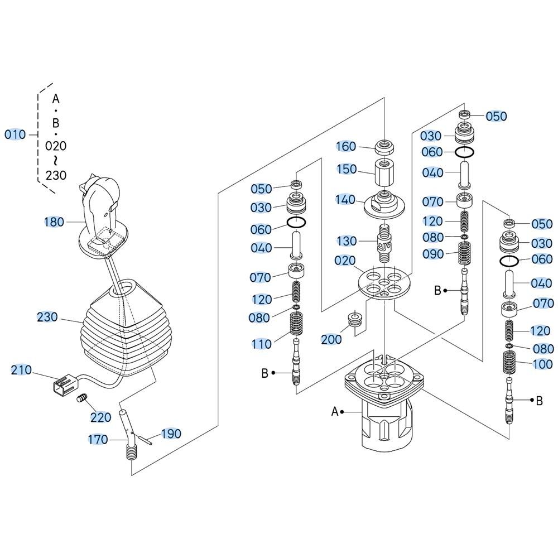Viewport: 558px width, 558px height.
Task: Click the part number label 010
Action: [x=15, y=134]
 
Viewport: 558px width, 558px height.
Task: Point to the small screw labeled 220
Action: [x=82, y=398]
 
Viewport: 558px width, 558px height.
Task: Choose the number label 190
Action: [x=171, y=434]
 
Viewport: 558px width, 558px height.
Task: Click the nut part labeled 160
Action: [x=385, y=146]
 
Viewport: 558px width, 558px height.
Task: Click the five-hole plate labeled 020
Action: [x=384, y=282]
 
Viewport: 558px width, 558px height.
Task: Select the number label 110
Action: [x=262, y=344]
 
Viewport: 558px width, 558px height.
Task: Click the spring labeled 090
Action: [x=464, y=254]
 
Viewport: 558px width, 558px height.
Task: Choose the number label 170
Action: [x=98, y=440]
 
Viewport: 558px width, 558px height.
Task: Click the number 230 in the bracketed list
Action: [x=56, y=175]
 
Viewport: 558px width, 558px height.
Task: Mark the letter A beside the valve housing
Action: [x=334, y=412]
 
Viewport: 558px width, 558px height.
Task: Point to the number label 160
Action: [x=347, y=146]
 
